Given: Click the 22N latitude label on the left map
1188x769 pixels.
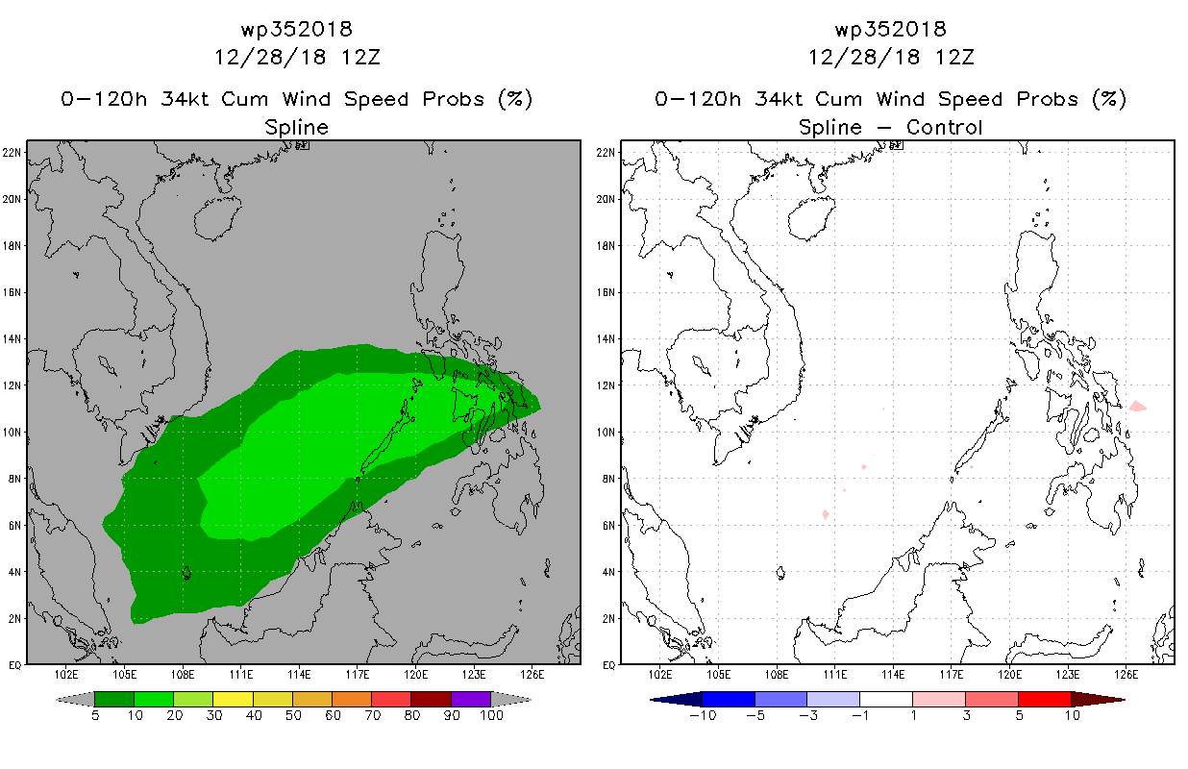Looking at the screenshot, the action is pos(12,153).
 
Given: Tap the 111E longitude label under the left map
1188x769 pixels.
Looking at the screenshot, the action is pos(241,675).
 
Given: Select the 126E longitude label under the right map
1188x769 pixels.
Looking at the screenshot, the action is pos(1126,675).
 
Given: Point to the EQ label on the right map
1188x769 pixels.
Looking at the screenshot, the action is pos(608,665).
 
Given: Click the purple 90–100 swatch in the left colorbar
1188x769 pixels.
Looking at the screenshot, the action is pos(471,699).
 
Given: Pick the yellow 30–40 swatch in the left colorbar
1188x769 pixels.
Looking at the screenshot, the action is pos(234,699).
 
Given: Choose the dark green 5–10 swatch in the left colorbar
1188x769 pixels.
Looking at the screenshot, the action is pos(114,699).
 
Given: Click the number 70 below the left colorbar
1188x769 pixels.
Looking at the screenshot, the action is pos(372,715).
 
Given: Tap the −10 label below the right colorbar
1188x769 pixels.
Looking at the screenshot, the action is pos(704,715).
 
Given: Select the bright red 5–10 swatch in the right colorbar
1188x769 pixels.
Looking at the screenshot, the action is pos(1045,699).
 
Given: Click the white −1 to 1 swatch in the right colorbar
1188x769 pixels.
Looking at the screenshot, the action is pos(886,699).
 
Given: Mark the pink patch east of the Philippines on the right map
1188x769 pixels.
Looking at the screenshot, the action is pos(1138,407).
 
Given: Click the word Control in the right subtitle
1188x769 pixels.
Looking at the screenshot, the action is pos(945,127).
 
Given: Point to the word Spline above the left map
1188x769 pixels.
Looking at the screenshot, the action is pos(296,128).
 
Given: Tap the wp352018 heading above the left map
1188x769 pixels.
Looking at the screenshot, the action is pos(297,29).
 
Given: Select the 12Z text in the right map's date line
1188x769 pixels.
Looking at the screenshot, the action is pos(954,58).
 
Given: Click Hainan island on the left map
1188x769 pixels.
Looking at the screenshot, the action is pos(218,218).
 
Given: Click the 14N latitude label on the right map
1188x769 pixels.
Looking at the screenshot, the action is pos(606,339).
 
